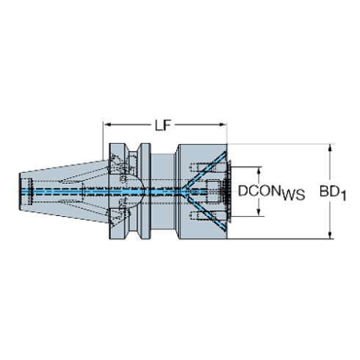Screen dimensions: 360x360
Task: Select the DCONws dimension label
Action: [x=270, y=192]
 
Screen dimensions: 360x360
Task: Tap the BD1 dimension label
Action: [x=332, y=192]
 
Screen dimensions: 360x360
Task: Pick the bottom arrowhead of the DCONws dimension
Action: [x=259, y=215]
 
